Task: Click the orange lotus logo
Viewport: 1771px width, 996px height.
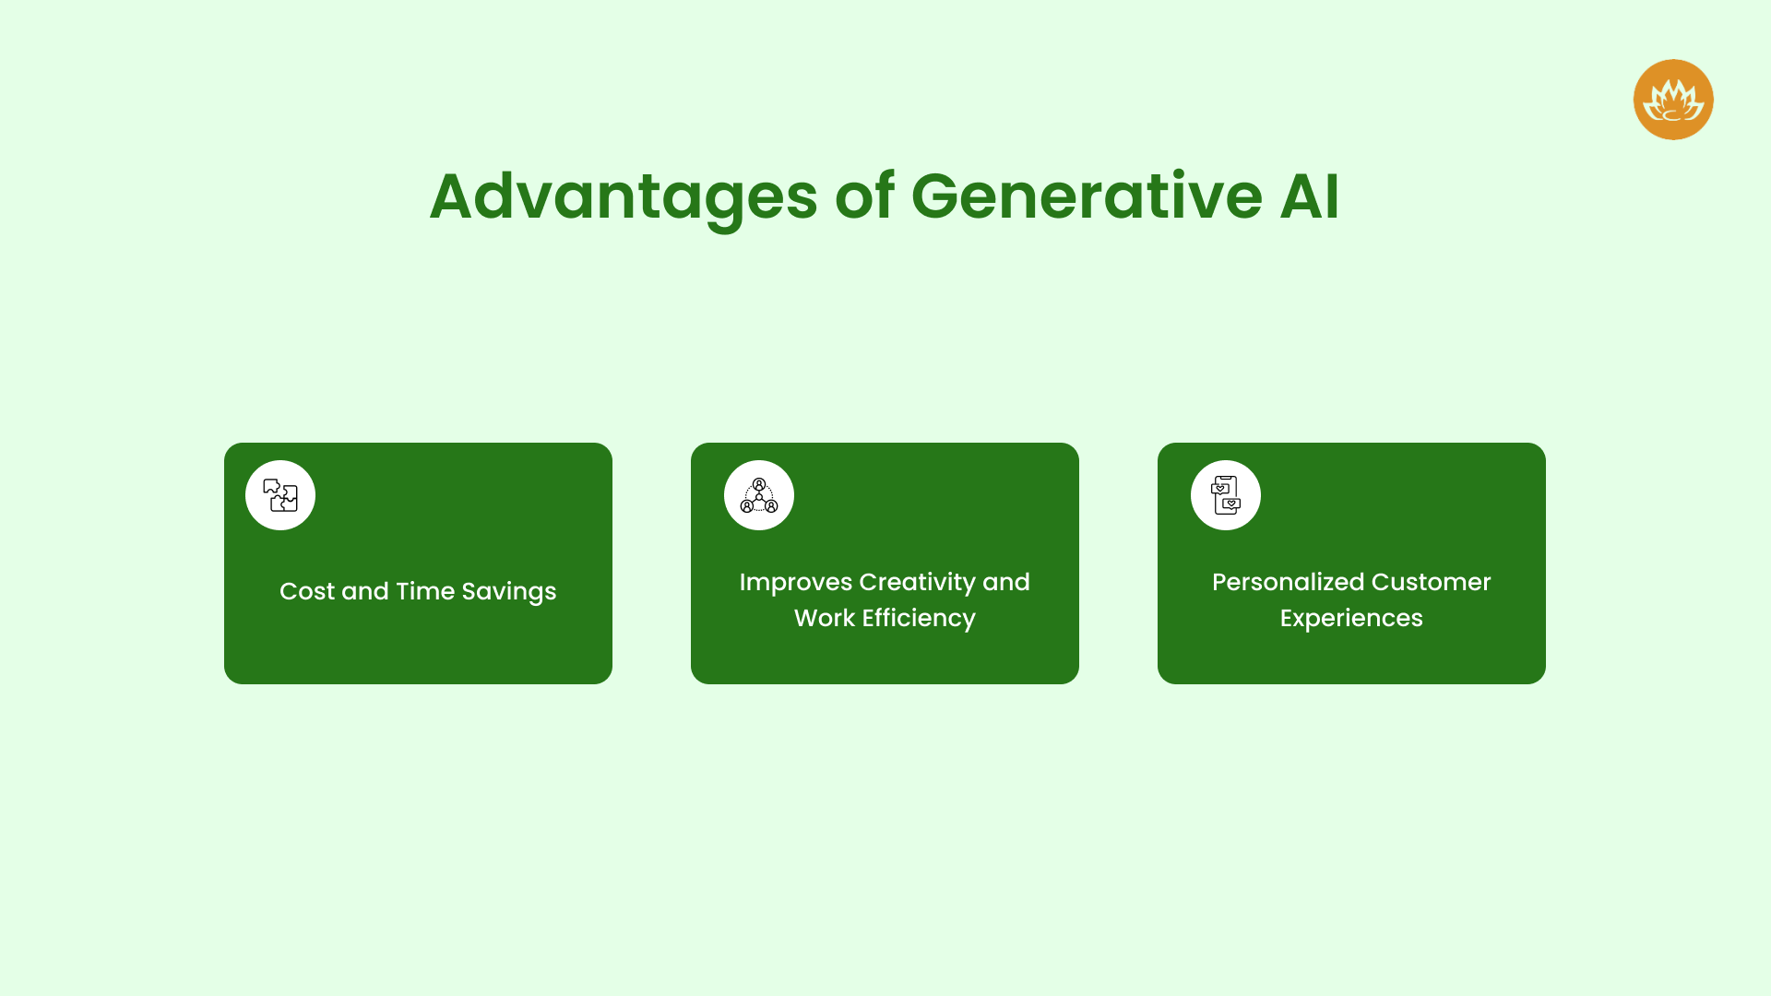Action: coord(1672,100)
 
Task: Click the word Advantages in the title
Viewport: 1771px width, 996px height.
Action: coord(623,196)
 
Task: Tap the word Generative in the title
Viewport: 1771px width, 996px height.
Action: coord(1086,196)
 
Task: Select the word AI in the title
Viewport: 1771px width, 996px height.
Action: coord(1309,196)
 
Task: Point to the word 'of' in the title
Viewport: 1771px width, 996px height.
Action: coord(864,196)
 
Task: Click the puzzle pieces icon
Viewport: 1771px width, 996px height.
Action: coord(280,495)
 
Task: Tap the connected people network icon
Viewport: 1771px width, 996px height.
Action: coord(759,495)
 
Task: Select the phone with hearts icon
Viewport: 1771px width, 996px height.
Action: coord(1225,495)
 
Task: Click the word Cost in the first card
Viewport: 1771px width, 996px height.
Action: coord(307,591)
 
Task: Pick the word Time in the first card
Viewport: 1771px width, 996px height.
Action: coord(425,591)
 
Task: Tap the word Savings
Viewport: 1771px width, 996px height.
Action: coord(509,592)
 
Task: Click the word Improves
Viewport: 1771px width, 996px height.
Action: coord(795,583)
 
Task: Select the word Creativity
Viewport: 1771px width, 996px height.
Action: coord(917,583)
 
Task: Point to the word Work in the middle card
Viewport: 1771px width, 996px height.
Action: coord(824,618)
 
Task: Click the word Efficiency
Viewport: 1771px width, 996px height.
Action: coord(919,619)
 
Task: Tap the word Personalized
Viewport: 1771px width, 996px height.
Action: coord(1288,583)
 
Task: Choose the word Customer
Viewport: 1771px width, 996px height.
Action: coord(1431,583)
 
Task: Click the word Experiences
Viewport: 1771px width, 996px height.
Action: coord(1351,619)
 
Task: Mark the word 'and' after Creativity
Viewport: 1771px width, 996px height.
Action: coord(1006,583)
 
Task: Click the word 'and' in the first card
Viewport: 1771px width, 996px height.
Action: coord(365,591)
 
